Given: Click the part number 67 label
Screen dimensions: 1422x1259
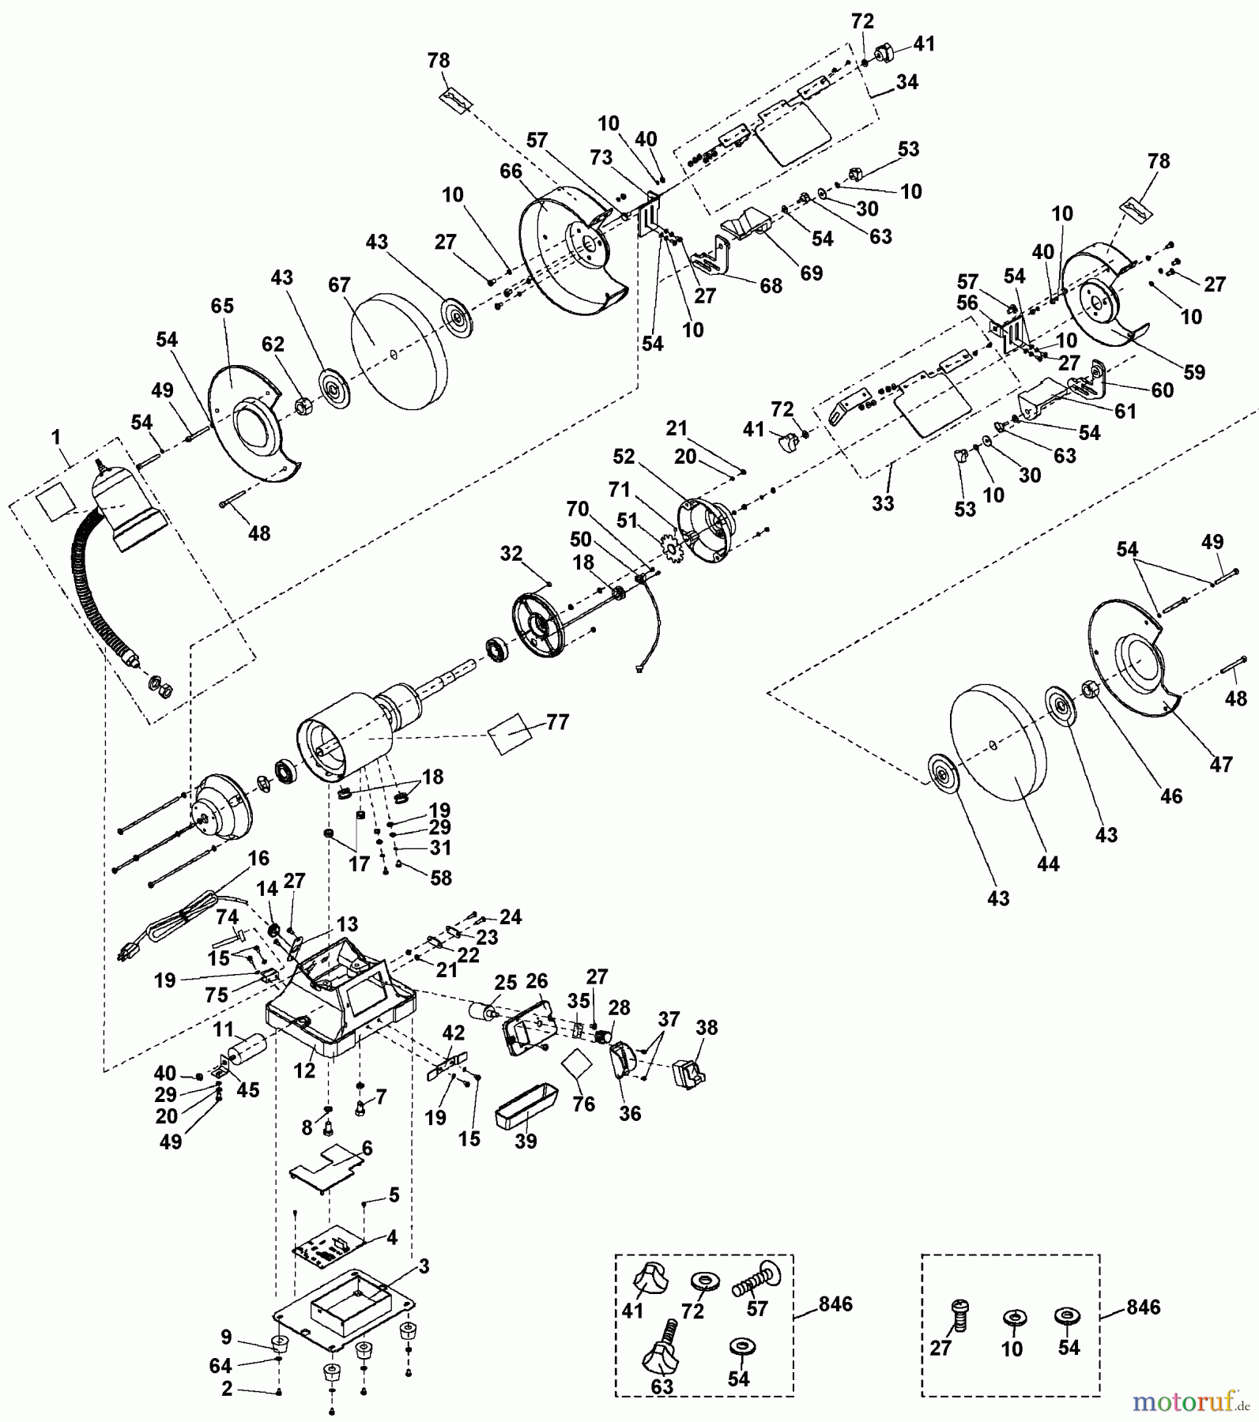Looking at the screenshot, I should click(x=339, y=285).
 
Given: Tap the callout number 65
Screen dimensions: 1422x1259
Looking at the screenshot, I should click(x=222, y=306).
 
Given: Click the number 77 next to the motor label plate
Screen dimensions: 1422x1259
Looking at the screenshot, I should click(x=557, y=722).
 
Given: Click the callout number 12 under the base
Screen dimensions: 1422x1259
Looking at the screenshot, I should click(x=304, y=1070).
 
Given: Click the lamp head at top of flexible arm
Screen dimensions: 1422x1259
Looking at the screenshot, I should click(x=126, y=506).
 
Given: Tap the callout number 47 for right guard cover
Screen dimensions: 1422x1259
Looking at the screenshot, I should click(x=1220, y=764).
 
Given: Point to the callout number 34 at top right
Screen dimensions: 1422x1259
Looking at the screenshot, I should click(x=907, y=81).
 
